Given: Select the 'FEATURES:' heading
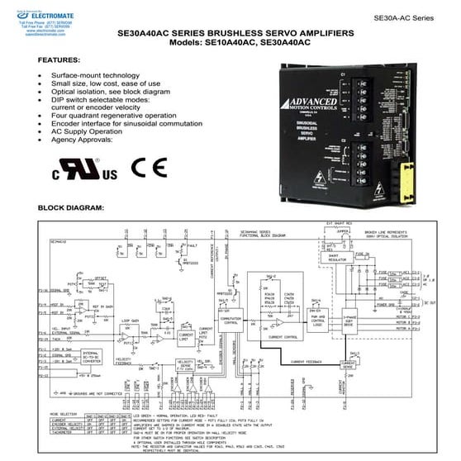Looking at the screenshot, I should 59,61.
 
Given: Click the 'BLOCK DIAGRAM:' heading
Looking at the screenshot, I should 71,207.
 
